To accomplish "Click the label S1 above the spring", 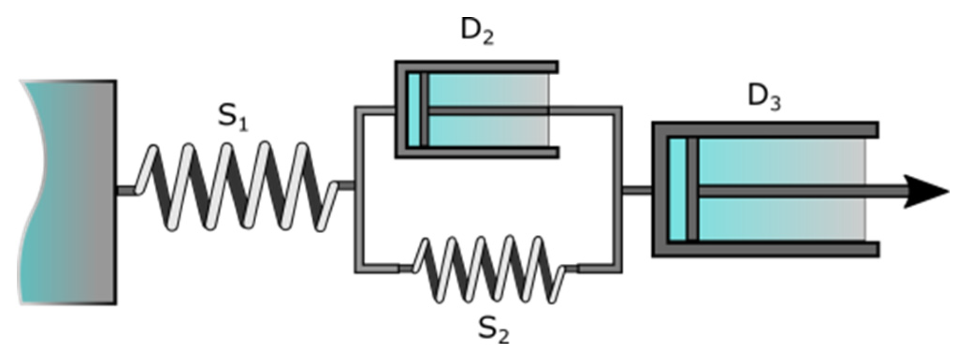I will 232,116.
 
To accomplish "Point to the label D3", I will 764,97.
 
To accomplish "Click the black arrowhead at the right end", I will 924,191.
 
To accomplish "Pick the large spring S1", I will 236,187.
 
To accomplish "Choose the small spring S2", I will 489,269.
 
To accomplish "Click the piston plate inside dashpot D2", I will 424,110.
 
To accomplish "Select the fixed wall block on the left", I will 70,192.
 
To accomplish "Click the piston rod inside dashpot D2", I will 486,111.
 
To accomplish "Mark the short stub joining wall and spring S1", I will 126,191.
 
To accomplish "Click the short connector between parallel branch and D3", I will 637,191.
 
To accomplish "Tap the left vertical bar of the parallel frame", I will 359,189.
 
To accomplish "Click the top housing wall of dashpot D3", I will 767,130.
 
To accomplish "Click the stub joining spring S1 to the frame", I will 346,186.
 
